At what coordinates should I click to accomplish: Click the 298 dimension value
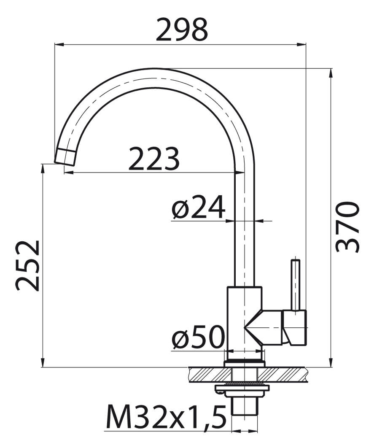[x=182, y=30]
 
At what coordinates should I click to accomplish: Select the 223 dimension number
[x=153, y=159]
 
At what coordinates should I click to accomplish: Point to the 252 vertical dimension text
[x=27, y=266]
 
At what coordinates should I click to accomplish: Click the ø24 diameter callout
[x=198, y=207]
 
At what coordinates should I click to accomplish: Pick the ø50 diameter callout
[x=198, y=337]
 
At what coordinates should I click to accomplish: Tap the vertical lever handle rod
[x=295, y=285]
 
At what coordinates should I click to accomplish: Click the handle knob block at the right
[x=295, y=327]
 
